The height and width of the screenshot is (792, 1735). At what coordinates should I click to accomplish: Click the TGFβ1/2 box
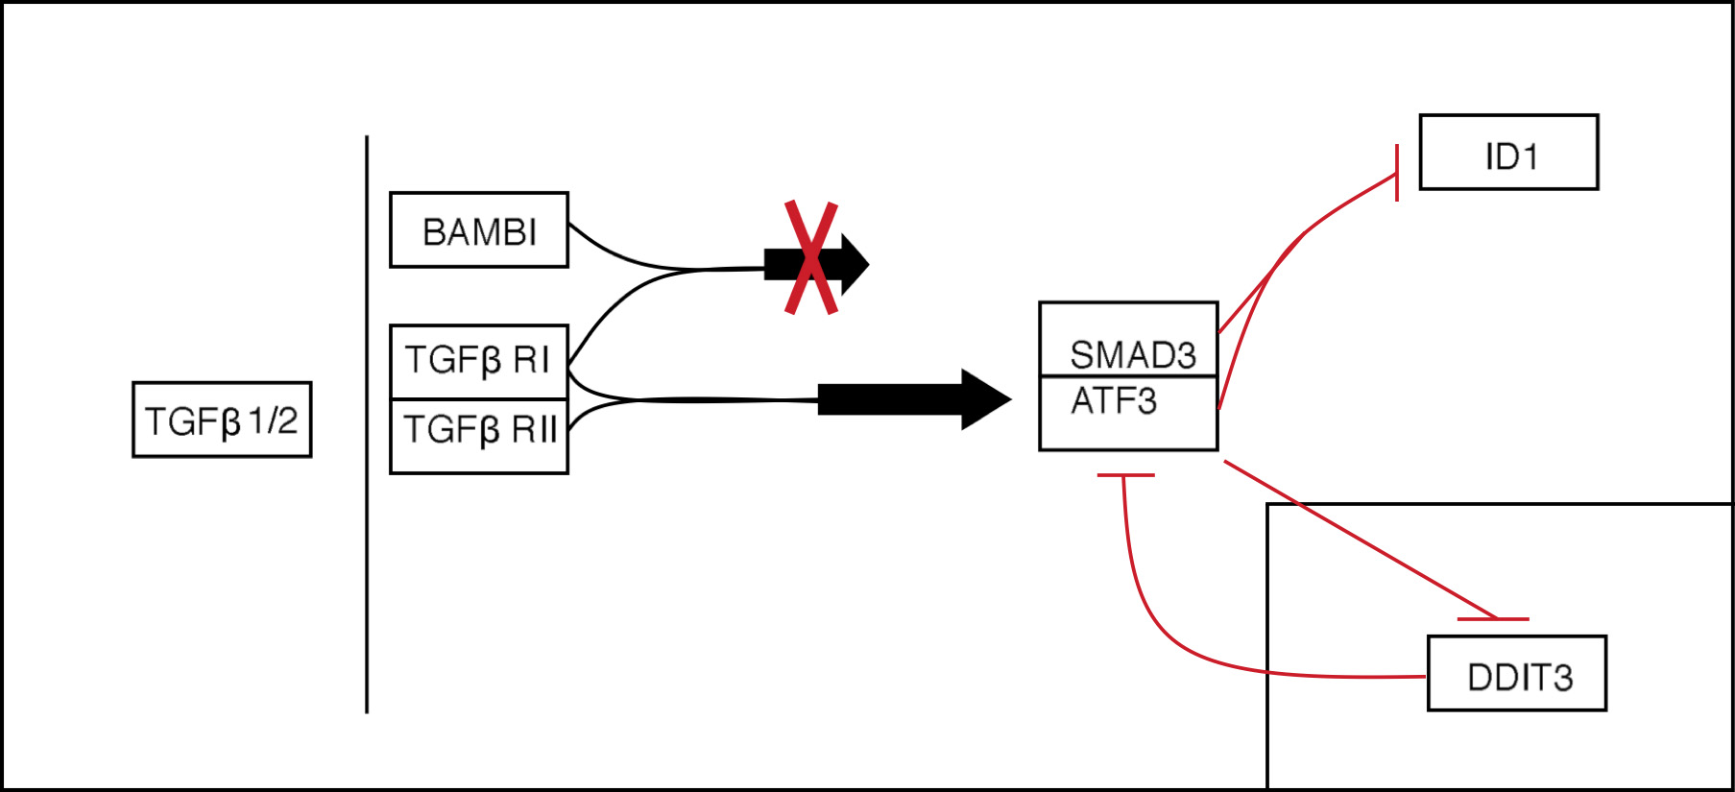coord(222,420)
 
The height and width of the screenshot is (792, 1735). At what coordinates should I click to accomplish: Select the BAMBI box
coord(478,230)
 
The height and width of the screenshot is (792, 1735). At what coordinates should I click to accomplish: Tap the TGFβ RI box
coord(478,361)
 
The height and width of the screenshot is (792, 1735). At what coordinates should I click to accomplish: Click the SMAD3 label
coord(1133,355)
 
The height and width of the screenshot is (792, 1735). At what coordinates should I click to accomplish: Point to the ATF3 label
coord(1114,401)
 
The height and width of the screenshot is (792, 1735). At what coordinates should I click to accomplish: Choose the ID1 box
coord(1508,153)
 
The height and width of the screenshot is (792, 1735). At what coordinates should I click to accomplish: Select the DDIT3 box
coord(1516,673)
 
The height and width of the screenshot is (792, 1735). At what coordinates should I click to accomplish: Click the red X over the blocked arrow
coord(811,257)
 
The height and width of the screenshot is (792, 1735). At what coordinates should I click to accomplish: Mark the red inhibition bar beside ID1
coord(1396,173)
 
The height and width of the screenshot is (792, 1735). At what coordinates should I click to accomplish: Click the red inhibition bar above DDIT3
coord(1492,619)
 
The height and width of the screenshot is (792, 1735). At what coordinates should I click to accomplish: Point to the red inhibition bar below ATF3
coord(1125,475)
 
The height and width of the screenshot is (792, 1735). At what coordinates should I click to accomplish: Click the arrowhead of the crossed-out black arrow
coord(854,263)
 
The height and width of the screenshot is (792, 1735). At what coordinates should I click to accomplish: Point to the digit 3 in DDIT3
coord(1562,678)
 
